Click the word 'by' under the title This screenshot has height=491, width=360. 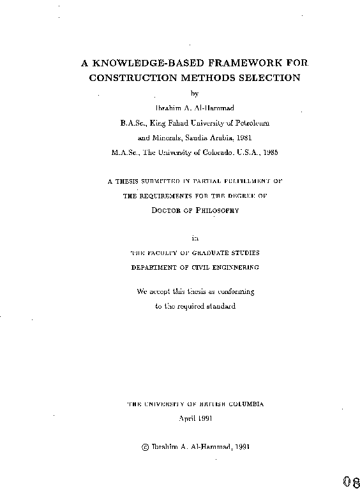click(195, 94)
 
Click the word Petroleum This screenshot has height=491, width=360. click(250, 122)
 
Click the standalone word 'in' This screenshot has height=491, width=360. click(195, 239)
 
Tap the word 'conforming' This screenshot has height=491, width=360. click(234, 291)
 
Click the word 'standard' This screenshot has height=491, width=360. click(221, 306)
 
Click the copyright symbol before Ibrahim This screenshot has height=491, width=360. click(144, 447)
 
